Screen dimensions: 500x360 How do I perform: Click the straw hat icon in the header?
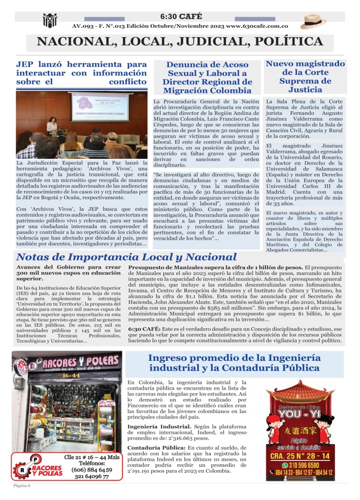tap(313, 21)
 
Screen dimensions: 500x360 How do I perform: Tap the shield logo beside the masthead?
tap(50, 20)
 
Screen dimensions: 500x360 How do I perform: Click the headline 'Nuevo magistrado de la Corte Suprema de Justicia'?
tap(305, 77)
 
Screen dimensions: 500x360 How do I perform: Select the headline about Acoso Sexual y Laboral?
tap(207, 77)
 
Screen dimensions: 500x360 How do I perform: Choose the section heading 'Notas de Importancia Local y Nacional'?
tap(126, 257)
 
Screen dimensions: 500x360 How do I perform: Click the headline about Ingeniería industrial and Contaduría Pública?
tap(234, 363)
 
